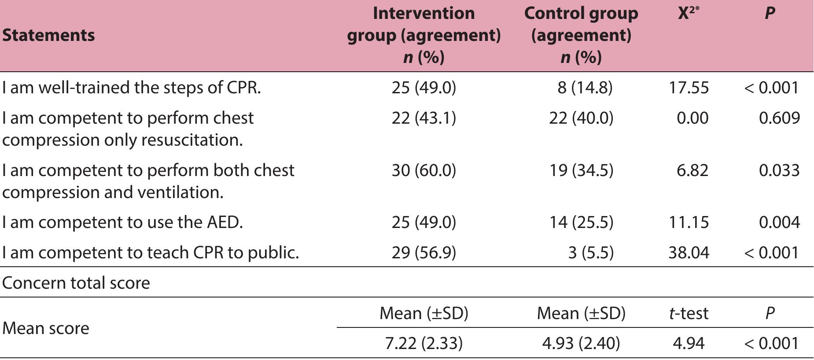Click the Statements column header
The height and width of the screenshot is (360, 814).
coord(48,35)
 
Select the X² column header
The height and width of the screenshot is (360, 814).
coord(688,13)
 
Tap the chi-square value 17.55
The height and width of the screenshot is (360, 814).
coord(689,88)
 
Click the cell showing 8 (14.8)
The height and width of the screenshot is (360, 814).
coord(585,88)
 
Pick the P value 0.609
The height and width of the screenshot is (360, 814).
coord(779,118)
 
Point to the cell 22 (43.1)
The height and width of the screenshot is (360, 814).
coord(424,118)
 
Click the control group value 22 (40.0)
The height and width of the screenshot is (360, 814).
coord(581,118)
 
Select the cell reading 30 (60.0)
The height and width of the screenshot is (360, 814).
coord(424,170)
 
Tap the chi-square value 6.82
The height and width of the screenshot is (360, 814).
coord(692,170)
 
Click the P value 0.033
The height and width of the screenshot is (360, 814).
coord(779,170)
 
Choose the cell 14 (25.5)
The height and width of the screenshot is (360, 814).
coord(581,222)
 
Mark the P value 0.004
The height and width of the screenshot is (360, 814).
coord(779,222)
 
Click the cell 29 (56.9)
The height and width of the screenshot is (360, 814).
coord(424,253)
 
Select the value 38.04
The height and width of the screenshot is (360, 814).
coord(689,253)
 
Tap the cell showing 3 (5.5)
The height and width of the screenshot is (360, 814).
coord(590,253)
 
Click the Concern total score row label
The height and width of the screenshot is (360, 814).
coord(76,283)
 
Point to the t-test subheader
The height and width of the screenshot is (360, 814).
coord(689,313)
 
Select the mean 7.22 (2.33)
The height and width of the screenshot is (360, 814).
coord(424,343)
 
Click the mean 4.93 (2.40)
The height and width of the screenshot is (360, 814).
coord(581,343)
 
